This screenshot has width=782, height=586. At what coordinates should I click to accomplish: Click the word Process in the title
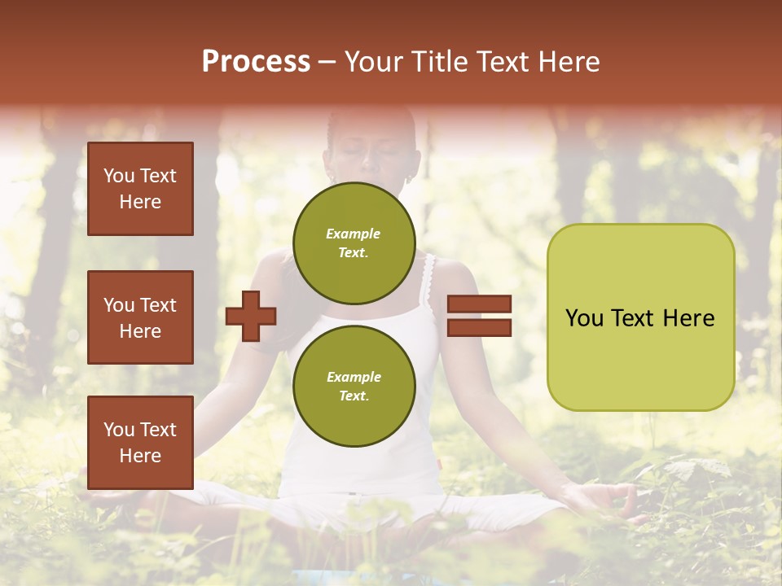point(256,62)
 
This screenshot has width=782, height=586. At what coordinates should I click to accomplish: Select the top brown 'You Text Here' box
point(140,189)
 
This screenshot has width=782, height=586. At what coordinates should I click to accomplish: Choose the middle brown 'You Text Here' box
point(140,317)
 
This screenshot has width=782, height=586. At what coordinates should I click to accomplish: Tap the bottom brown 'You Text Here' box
point(140,443)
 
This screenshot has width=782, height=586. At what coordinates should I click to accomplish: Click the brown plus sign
point(251,316)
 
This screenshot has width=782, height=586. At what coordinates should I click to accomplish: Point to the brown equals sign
point(479,316)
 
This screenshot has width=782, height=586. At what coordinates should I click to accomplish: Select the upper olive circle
point(354,243)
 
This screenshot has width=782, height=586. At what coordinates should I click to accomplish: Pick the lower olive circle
point(354,386)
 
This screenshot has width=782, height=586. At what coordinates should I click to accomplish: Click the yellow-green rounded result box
point(640,317)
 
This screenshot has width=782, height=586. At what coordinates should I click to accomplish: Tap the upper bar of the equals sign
point(479,304)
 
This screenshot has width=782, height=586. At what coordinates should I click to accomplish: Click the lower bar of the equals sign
point(479,327)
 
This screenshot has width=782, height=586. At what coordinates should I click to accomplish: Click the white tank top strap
point(428,282)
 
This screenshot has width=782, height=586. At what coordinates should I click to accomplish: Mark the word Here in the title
point(569,62)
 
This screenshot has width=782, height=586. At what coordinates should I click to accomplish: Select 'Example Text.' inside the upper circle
point(354,243)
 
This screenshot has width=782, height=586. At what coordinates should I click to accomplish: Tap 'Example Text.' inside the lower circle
point(354,386)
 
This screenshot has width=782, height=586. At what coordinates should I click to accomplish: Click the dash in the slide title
point(327,63)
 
